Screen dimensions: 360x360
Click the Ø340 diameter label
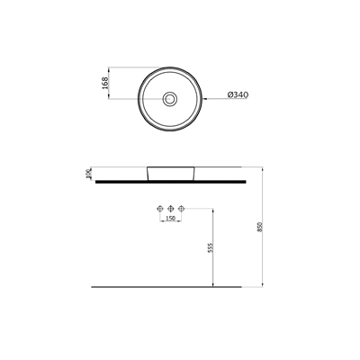pyautogui.click(x=238, y=94)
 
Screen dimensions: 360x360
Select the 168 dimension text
pyautogui.click(x=104, y=83)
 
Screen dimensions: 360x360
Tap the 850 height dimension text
pyautogui.click(x=260, y=227)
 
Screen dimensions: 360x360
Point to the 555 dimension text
pyautogui.click(x=211, y=247)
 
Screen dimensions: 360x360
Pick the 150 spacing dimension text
pyautogui.click(x=170, y=219)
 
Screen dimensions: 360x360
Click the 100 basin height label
pyautogui.click(x=88, y=174)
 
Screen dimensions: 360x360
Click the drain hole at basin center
pyautogui.click(x=170, y=98)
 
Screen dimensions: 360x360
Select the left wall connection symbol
pyautogui.click(x=160, y=208)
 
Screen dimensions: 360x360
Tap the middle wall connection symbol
pyautogui.click(x=170, y=208)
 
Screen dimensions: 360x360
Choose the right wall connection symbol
pyautogui.click(x=181, y=208)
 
